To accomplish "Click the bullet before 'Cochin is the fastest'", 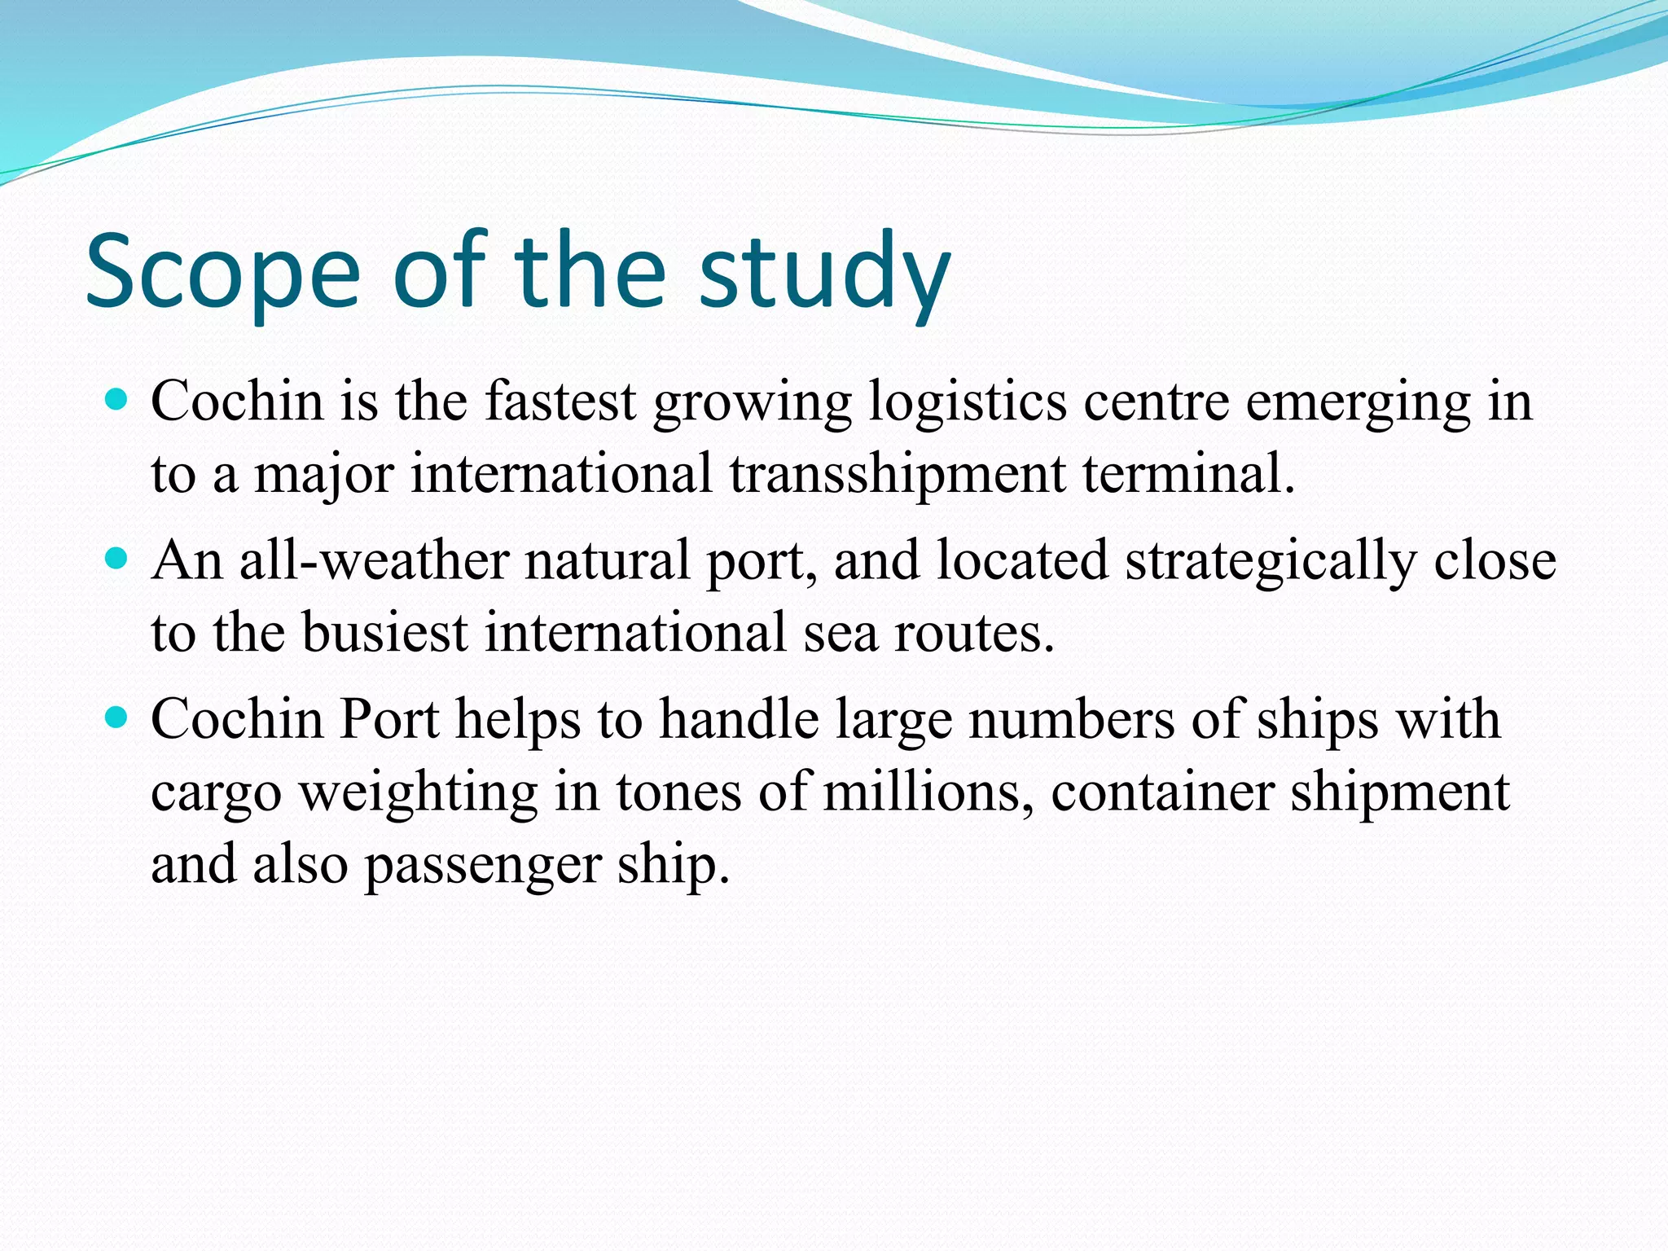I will (x=117, y=399).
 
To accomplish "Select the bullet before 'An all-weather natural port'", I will (x=117, y=559).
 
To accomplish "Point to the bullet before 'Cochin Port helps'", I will (x=117, y=718).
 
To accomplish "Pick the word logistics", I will (x=967, y=402).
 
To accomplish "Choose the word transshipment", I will (x=897, y=475).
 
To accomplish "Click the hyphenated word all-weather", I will (x=374, y=560).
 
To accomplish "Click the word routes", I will (x=974, y=634).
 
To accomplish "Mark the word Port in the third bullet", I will (x=389, y=719).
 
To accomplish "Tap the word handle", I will (x=739, y=719).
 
